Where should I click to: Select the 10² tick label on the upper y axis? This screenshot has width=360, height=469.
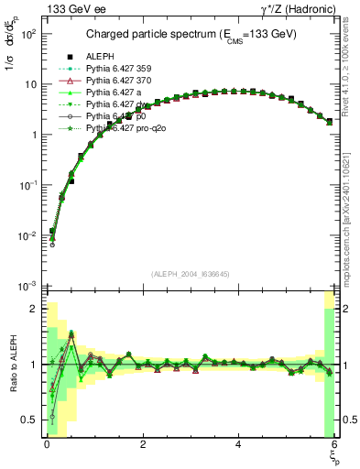pos(27,34)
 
